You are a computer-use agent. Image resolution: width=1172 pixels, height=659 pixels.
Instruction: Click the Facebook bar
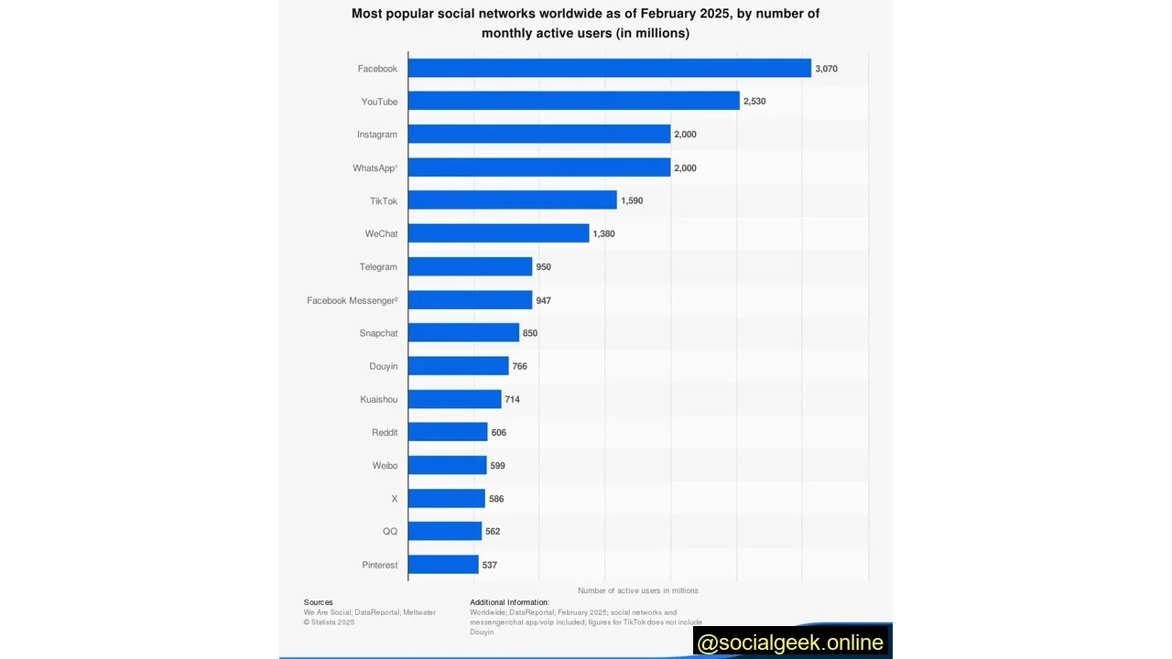tap(609, 69)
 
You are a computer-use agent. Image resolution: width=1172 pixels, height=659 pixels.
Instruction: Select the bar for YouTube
tap(573, 102)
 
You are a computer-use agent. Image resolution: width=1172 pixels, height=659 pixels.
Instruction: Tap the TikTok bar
tap(512, 200)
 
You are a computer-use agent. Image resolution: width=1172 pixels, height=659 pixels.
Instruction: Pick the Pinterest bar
tap(443, 565)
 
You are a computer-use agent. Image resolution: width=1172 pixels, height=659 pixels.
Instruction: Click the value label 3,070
tap(826, 69)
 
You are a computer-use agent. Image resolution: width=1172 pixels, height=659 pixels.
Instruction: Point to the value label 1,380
tap(603, 234)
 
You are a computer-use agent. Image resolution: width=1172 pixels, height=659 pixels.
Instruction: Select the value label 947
tap(544, 300)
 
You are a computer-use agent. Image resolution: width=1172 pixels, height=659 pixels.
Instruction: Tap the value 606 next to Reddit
tap(498, 433)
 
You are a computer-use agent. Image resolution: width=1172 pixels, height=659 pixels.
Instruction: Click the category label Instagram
tap(377, 135)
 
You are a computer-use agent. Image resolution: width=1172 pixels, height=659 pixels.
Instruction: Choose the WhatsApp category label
tap(374, 168)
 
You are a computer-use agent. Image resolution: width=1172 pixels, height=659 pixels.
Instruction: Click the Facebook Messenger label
tap(352, 300)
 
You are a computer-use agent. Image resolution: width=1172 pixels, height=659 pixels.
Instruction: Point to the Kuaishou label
tap(379, 400)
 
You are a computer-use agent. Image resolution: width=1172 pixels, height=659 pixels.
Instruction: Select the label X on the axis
tap(395, 499)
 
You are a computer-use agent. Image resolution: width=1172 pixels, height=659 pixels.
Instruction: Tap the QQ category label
tap(390, 532)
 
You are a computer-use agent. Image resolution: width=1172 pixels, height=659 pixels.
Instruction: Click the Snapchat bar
tap(463, 333)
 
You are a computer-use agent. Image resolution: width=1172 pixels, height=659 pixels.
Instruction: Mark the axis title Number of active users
tap(638, 591)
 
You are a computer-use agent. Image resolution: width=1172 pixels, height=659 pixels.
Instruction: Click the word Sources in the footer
tap(319, 602)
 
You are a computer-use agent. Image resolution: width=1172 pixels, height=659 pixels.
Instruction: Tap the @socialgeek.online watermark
tap(790, 643)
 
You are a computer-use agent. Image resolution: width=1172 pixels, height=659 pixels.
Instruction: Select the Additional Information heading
tap(509, 602)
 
